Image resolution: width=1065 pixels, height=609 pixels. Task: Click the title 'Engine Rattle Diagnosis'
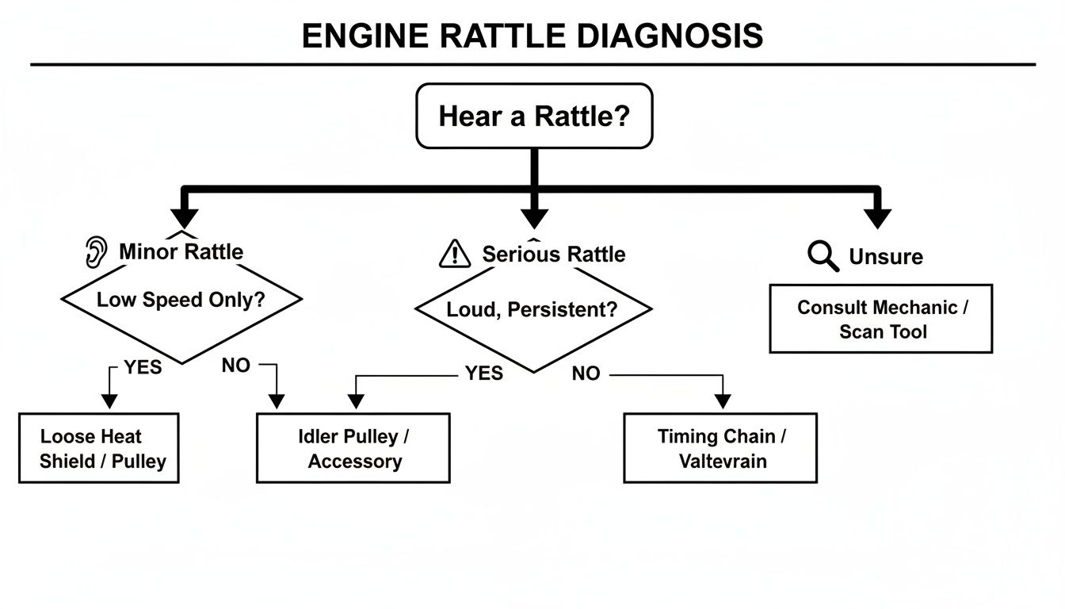click(x=532, y=36)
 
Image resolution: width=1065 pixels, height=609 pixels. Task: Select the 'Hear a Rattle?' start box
click(x=534, y=116)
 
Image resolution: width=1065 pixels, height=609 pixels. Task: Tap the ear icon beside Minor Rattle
click(x=96, y=252)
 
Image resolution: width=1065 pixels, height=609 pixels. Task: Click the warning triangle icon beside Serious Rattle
click(x=455, y=254)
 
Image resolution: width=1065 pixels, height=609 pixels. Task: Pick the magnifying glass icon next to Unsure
click(x=823, y=256)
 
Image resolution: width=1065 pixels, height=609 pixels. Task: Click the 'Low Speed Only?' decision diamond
click(x=181, y=301)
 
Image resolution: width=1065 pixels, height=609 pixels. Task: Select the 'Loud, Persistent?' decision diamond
click(x=533, y=310)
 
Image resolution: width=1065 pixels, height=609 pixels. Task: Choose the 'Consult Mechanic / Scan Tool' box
click(x=881, y=319)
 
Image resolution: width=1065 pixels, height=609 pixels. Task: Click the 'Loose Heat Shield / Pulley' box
click(x=99, y=448)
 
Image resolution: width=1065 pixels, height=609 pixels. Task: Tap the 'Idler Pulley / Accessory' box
click(x=353, y=448)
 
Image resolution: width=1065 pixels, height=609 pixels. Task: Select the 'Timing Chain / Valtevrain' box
click(x=720, y=448)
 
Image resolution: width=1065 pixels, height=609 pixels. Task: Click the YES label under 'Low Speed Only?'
click(x=143, y=367)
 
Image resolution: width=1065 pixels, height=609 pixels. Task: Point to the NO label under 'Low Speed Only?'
click(x=236, y=366)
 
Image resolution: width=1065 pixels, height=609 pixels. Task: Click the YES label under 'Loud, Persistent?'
click(x=483, y=373)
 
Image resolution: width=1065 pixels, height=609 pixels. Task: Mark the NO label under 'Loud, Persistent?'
click(x=586, y=373)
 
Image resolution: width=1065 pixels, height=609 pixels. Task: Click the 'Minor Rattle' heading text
click(x=181, y=252)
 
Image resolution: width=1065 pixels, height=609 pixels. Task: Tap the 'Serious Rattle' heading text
click(x=553, y=254)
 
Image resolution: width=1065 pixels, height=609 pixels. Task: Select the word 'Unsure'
click(x=886, y=257)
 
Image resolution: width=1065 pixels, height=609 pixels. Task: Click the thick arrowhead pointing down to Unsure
click(x=878, y=218)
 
